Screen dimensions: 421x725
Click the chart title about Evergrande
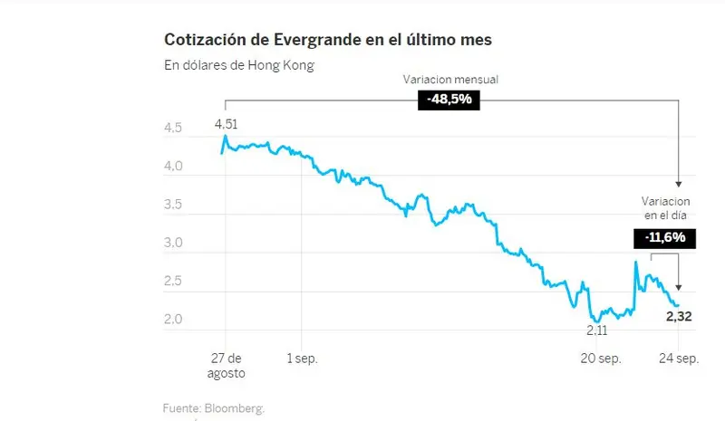pyautogui.click(x=327, y=40)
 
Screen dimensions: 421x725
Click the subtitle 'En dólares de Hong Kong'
pyautogui.click(x=238, y=65)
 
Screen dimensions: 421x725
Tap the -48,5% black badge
pyautogui.click(x=449, y=100)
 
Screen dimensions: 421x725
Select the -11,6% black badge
pyautogui.click(x=664, y=238)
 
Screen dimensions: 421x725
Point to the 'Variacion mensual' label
pyautogui.click(x=450, y=80)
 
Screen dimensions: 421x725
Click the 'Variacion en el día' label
pyautogui.click(x=667, y=207)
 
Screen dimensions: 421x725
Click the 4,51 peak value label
pyautogui.click(x=226, y=124)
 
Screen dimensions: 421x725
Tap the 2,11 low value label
pyautogui.click(x=599, y=330)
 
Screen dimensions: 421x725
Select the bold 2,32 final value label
pyautogui.click(x=681, y=316)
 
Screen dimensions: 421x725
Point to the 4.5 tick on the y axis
pyautogui.click(x=172, y=129)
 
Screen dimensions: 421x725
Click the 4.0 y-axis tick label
pyautogui.click(x=172, y=167)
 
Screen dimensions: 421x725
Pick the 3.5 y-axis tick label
pyautogui.click(x=172, y=206)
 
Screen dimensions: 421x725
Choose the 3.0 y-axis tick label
pyautogui.click(x=172, y=244)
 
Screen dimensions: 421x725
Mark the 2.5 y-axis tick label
pyautogui.click(x=172, y=282)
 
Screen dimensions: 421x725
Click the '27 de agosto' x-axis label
pyautogui.click(x=225, y=365)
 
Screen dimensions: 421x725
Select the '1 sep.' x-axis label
pyautogui.click(x=302, y=359)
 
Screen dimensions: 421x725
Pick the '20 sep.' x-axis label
pyautogui.click(x=600, y=359)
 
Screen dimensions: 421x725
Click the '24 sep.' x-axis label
pyautogui.click(x=677, y=359)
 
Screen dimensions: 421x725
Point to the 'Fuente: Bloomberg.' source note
pyautogui.click(x=214, y=408)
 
